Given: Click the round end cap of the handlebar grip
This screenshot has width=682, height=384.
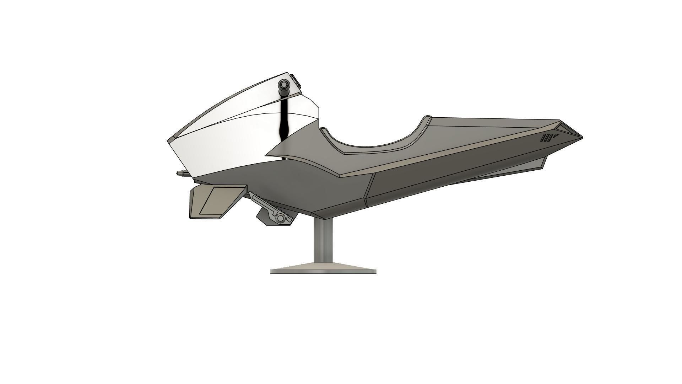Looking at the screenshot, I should click(283, 85).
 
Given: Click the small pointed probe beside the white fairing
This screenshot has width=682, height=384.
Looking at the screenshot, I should click(181, 174).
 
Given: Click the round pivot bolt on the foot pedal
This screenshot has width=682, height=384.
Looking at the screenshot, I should click(281, 218).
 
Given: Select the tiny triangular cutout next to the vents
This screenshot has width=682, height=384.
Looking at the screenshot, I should click(556, 135).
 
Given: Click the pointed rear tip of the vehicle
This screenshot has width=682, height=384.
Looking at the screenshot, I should click(581, 137).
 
